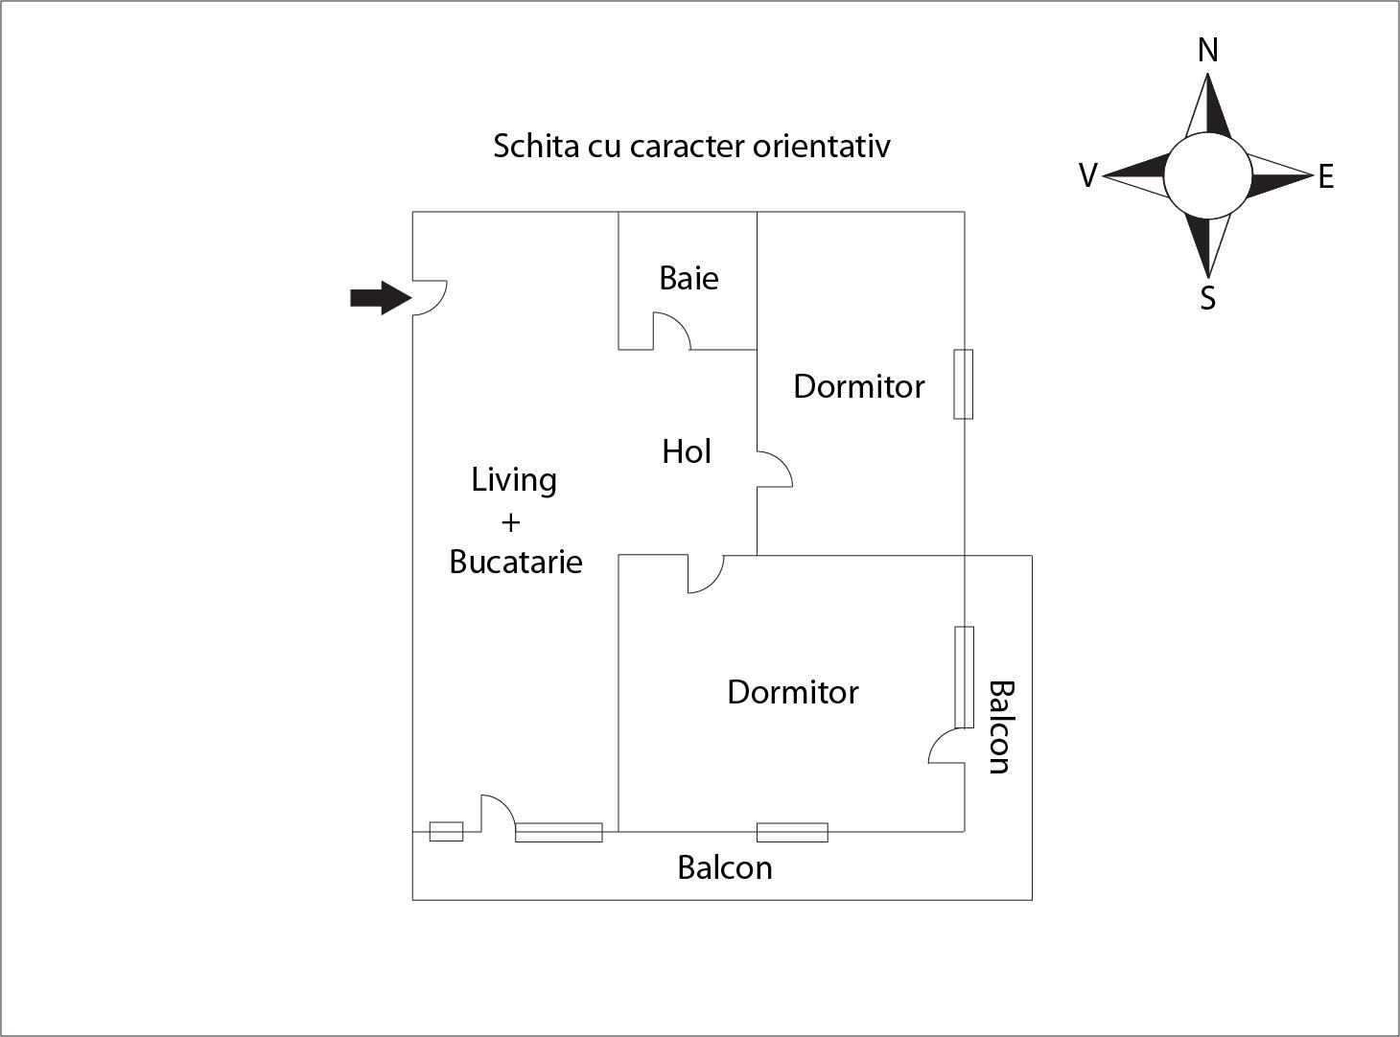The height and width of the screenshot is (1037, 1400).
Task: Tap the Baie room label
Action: [688, 278]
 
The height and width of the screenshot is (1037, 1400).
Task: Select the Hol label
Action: [687, 451]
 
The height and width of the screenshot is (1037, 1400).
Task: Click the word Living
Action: [514, 480]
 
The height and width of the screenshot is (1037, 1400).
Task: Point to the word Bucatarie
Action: [516, 562]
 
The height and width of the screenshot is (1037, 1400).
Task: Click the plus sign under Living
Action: [510, 522]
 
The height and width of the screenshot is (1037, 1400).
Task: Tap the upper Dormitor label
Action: [859, 386]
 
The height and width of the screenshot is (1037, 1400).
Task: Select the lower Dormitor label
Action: [793, 692]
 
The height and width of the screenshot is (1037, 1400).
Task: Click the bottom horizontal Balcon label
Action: [725, 867]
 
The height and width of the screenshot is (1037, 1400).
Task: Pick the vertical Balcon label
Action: [1000, 726]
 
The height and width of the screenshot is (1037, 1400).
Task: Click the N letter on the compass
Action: [1208, 50]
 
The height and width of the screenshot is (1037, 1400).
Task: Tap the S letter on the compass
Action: [1208, 299]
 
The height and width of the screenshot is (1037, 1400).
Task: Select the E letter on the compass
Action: [1326, 177]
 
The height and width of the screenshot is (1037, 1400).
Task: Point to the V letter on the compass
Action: [1087, 176]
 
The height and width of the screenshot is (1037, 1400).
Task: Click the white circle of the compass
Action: [1208, 176]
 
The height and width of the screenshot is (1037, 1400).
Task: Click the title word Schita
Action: [524, 146]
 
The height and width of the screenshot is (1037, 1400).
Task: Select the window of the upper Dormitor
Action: [963, 384]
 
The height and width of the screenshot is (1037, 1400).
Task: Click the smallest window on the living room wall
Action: [446, 831]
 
